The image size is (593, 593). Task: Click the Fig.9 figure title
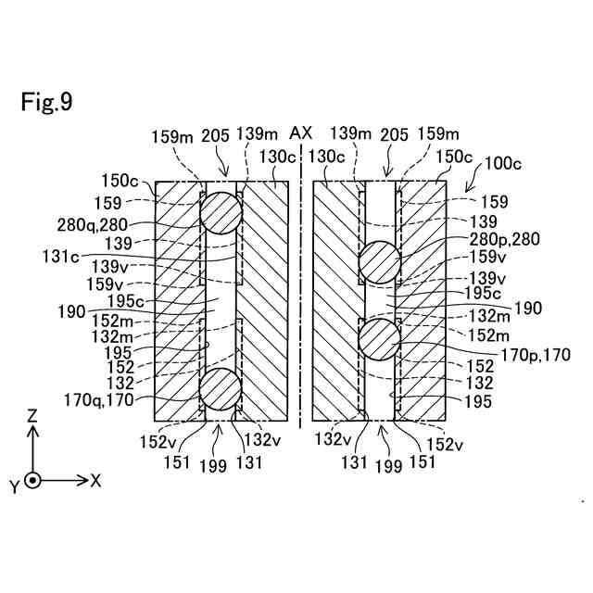pyautogui.click(x=46, y=102)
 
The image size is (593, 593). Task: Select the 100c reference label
pyautogui.click(x=503, y=164)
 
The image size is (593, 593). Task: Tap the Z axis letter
pyautogui.click(x=32, y=417)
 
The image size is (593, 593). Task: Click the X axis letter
pyautogui.click(x=95, y=481)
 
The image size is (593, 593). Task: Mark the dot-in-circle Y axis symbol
pyautogui.click(x=33, y=481)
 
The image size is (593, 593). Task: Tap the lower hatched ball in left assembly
pyautogui.click(x=221, y=388)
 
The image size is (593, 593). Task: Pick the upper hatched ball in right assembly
pyautogui.click(x=379, y=262)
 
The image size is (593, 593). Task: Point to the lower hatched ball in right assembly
pyautogui.click(x=379, y=338)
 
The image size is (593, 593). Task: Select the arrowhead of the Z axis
pyautogui.click(x=33, y=432)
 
